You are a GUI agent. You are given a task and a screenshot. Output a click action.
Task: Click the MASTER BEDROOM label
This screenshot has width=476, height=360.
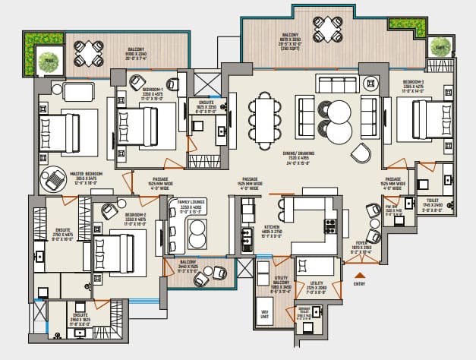coord(87,174)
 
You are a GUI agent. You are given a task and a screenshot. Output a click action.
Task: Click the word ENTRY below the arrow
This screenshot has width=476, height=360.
coord(360,284)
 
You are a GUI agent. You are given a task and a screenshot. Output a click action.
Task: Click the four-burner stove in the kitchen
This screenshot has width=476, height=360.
coord(330,226)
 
